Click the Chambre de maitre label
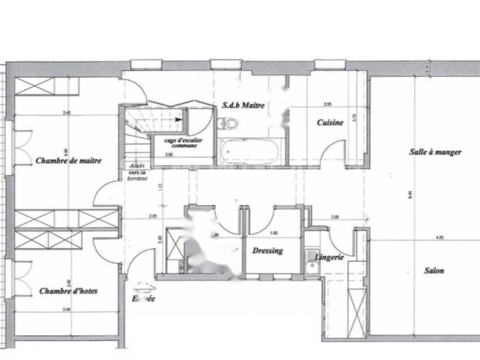68,160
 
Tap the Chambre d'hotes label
68,291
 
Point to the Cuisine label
330,123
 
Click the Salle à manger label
435,152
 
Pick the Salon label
434,270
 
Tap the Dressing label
268,251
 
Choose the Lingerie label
330,257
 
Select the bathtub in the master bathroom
250,151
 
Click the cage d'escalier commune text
180,143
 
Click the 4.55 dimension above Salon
439,238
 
